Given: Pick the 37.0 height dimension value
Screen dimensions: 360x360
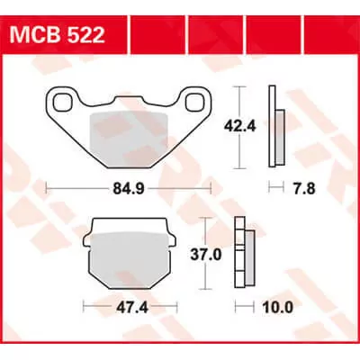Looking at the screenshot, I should point(223,255).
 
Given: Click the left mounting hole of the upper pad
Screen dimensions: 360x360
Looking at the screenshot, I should point(61,101).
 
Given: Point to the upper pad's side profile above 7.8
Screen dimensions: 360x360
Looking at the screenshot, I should point(275,127).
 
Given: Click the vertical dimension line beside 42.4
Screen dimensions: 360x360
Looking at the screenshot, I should point(238,127).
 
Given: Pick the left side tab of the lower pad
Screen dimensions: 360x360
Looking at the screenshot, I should point(88,242).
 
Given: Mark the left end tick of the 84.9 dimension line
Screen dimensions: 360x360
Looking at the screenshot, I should point(46,189).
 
